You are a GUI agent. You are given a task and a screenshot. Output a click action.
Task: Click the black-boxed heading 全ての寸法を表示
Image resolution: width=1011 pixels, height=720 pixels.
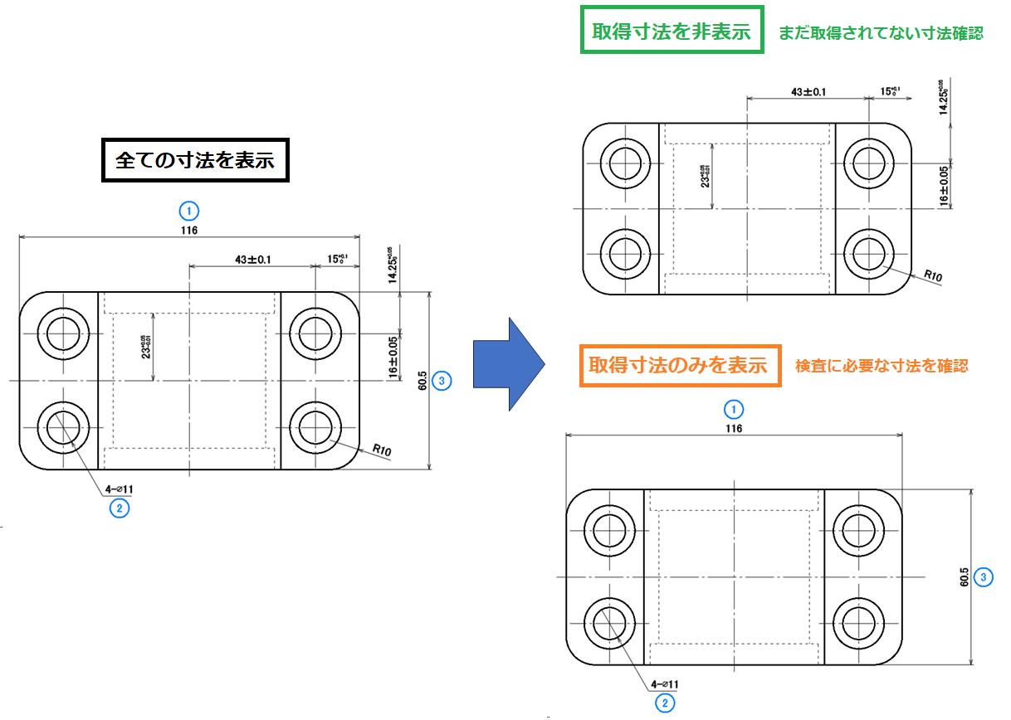(194, 160)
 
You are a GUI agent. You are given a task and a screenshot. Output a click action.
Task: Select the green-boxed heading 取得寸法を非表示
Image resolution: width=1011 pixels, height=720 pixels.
(671, 32)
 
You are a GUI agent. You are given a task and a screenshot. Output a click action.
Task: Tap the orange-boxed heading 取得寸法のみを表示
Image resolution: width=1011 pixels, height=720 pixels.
(681, 365)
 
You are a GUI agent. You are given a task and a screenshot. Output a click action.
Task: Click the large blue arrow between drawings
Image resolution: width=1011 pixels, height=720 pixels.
(508, 363)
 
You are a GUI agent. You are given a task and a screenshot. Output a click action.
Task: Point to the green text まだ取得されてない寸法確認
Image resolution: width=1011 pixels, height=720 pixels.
(881, 33)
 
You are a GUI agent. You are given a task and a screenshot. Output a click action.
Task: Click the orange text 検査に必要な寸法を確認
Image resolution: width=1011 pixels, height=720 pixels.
(882, 365)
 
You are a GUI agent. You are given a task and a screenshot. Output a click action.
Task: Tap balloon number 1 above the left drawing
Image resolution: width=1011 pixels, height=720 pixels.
(190, 210)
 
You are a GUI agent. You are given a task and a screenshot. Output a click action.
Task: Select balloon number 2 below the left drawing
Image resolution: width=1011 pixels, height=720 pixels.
(119, 508)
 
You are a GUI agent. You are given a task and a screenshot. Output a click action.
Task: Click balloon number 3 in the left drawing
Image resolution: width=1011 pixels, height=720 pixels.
(443, 381)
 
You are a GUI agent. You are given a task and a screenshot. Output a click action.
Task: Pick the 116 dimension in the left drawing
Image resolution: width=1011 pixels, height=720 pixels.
(190, 230)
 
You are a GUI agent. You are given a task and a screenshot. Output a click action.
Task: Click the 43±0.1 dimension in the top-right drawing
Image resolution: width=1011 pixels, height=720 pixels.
(808, 90)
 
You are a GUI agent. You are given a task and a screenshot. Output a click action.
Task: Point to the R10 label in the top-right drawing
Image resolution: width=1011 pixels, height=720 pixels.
(933, 277)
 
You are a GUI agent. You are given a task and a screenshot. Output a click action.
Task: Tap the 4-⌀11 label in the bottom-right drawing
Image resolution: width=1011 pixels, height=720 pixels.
(665, 684)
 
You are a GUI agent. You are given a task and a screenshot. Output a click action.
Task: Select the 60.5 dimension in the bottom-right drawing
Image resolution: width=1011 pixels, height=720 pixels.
(964, 577)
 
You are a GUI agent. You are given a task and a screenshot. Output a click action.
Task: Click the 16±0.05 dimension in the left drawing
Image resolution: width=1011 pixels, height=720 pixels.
(394, 357)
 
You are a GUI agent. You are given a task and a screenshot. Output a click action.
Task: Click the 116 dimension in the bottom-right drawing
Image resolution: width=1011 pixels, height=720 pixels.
(734, 428)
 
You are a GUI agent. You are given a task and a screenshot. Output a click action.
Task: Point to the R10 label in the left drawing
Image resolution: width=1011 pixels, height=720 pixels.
(382, 450)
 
